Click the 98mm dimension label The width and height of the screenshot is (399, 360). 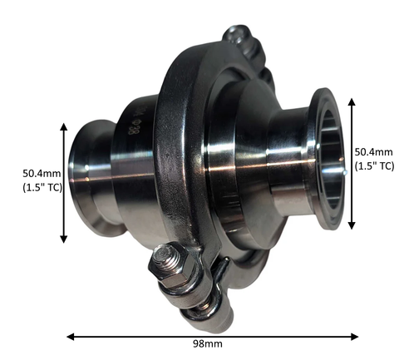[208, 344]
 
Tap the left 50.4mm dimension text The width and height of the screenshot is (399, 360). [42, 174]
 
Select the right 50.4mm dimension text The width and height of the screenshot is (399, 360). [374, 152]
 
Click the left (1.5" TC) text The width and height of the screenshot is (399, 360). [42, 188]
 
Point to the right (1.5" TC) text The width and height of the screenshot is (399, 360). [374, 166]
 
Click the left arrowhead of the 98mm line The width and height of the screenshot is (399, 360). [71, 337]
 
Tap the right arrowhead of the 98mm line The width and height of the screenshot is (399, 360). [355, 337]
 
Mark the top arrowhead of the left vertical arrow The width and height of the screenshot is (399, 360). [64, 126]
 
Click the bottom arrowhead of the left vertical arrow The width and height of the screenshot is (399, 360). [64, 239]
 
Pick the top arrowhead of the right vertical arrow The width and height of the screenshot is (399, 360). [352, 101]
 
